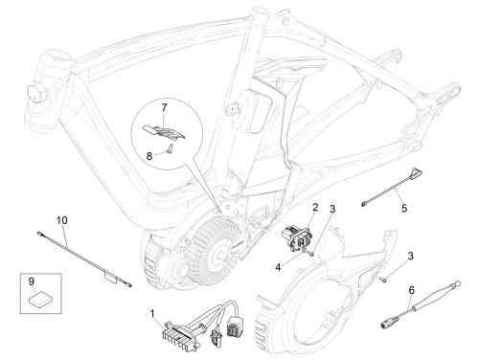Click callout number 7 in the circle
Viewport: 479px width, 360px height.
tap(164, 108)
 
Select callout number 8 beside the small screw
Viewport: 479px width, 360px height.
tap(149, 156)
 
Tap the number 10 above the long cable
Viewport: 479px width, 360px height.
tap(62, 220)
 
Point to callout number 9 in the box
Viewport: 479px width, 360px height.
tap(32, 281)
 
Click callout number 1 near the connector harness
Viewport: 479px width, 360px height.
tap(152, 314)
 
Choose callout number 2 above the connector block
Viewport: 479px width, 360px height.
tap(315, 207)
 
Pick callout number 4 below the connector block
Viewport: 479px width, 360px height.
tap(278, 267)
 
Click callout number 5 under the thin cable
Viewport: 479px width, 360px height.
tap(404, 209)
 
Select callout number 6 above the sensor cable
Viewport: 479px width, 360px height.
tap(411, 290)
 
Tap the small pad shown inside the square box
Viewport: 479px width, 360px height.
tap(40, 299)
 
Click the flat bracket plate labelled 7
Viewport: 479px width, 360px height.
tap(164, 132)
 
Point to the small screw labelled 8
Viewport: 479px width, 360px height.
tap(170, 148)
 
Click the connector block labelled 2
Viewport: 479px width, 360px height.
tap(295, 238)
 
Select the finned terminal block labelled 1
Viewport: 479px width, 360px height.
tap(180, 335)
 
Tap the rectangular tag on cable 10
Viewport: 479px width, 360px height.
tap(110, 278)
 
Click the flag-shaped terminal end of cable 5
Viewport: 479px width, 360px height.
tap(416, 172)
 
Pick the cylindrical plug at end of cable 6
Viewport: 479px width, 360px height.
tap(387, 324)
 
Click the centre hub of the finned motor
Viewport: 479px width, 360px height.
tap(221, 255)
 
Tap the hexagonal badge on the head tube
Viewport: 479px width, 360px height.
tap(37, 93)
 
